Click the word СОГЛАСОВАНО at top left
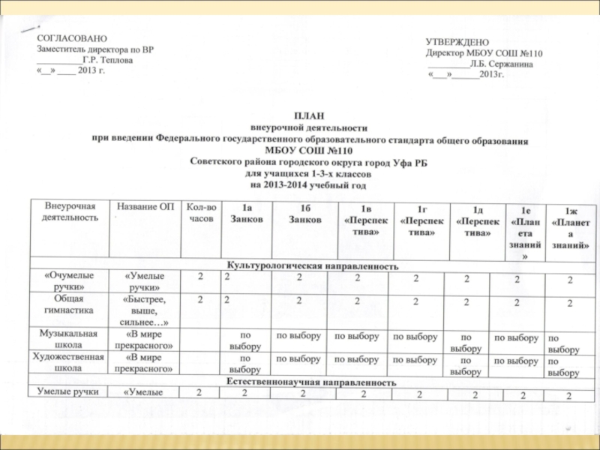pyautogui.click(x=71, y=37)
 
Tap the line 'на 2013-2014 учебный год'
pyautogui.click(x=307, y=184)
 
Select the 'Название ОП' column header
pyautogui.click(x=142, y=206)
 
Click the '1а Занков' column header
pyautogui.click(x=247, y=214)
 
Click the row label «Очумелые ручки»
pyautogui.click(x=70, y=280)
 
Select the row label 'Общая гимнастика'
pyautogui.click(x=70, y=304)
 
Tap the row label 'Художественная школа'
pyautogui.click(x=70, y=363)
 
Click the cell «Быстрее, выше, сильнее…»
pyautogui.click(x=145, y=310)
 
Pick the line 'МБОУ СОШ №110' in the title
pyautogui.click(x=307, y=150)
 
